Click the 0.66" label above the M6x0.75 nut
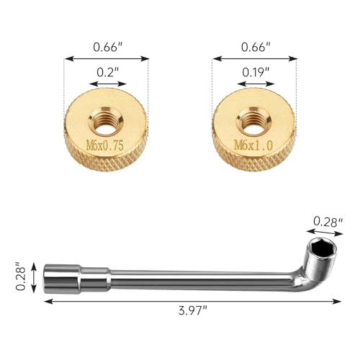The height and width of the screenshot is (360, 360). [107, 48]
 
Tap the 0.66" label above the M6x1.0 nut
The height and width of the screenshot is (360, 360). [255, 48]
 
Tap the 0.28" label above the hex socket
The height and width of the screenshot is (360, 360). [328, 222]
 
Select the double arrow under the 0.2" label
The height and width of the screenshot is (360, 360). [107, 84]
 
